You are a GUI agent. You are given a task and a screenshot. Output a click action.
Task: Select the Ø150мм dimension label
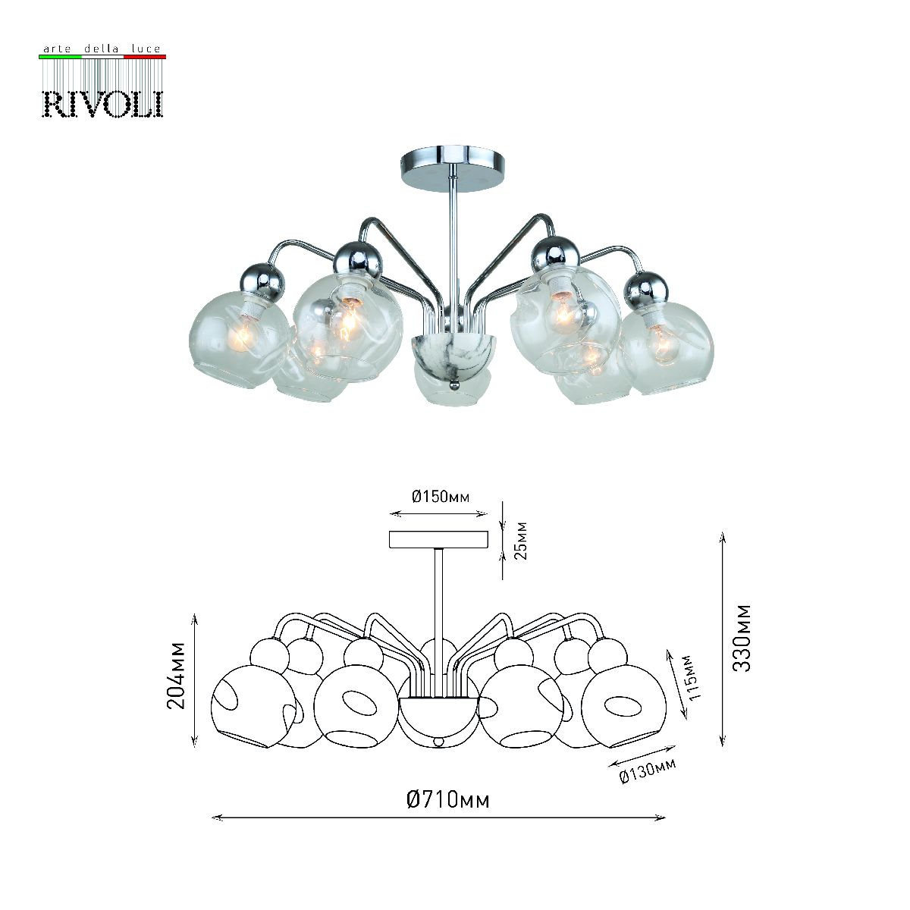(x=441, y=497)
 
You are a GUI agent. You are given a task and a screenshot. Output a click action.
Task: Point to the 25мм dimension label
(x=520, y=540)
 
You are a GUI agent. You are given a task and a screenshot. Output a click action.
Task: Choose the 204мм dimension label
(x=177, y=675)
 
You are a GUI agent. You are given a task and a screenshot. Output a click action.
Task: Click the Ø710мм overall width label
(x=447, y=799)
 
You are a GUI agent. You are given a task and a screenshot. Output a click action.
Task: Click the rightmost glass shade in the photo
(x=667, y=346)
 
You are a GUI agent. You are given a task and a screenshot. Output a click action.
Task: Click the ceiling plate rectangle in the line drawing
(x=438, y=539)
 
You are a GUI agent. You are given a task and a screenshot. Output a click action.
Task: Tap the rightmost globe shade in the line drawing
(x=624, y=707)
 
